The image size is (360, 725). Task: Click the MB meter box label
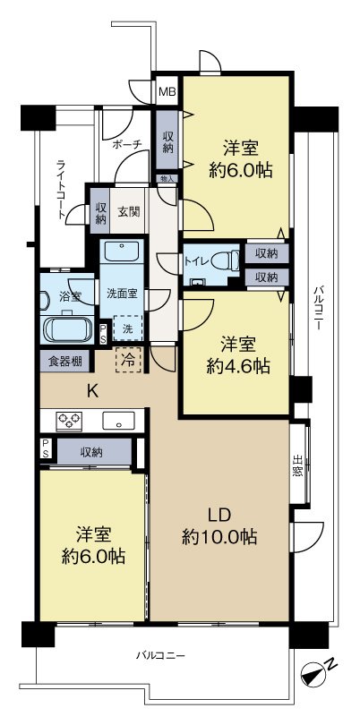(167, 91)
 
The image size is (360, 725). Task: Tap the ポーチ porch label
(127, 144)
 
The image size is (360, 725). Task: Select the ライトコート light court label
(61, 190)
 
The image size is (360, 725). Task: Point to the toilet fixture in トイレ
(226, 262)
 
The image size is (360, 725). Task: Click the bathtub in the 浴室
(67, 328)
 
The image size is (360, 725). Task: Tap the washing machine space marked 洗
(127, 328)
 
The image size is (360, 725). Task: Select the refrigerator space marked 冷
(127, 360)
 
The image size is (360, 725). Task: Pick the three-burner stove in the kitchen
(69, 421)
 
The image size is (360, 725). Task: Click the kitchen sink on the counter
(118, 421)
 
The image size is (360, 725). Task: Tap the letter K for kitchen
(93, 392)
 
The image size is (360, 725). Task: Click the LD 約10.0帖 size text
(219, 526)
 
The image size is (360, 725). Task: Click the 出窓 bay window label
(298, 467)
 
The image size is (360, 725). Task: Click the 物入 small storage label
(167, 178)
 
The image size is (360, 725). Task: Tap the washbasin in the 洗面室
(122, 252)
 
